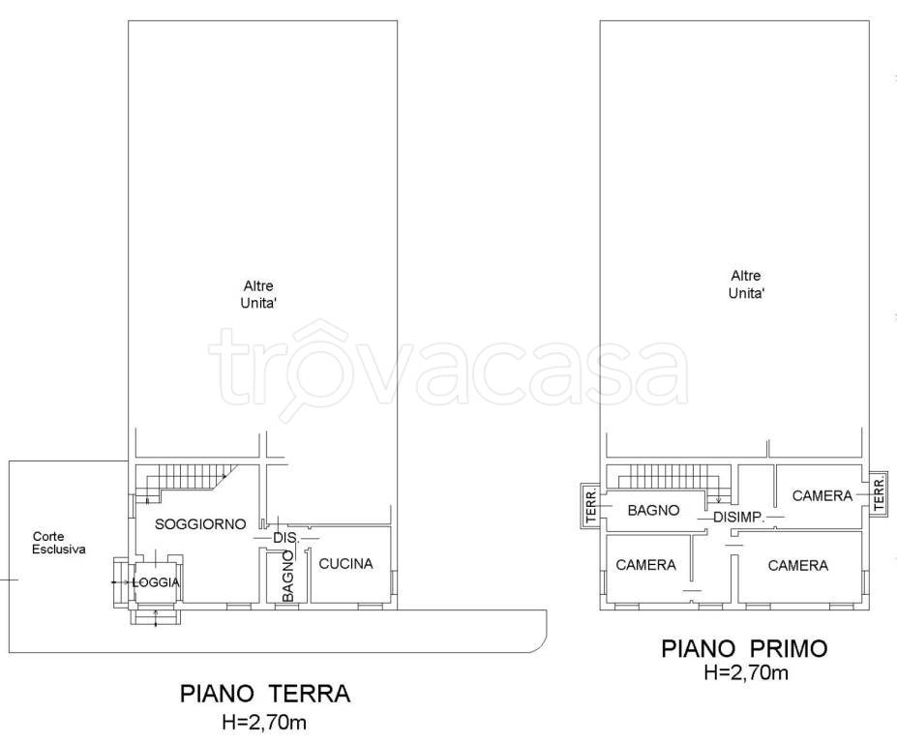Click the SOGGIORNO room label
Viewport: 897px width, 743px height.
coord(200,524)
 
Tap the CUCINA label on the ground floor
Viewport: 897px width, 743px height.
coord(345,564)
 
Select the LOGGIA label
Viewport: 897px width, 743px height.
coord(156,582)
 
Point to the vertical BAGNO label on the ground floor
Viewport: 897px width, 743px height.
coord(288,576)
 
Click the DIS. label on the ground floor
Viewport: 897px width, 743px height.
coord(286,538)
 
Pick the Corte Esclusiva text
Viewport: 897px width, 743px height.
coord(59,543)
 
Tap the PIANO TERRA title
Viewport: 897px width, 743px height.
coord(265,694)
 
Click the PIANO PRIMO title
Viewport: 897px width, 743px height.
coord(744,648)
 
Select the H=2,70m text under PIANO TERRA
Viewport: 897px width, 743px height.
coord(264,723)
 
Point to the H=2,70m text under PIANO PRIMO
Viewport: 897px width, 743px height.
coord(746,672)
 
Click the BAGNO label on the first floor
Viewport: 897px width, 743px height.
coord(653,510)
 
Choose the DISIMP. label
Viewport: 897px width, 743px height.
coord(739,518)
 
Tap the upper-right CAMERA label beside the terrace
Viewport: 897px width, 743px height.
coord(822,496)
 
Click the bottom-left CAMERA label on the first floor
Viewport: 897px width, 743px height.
coord(645,565)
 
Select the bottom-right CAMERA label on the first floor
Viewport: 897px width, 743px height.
coord(798,566)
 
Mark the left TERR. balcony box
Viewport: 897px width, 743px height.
coord(591,506)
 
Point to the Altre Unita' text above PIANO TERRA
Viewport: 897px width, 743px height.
coord(258,294)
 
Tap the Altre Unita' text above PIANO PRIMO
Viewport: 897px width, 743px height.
coord(746,284)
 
